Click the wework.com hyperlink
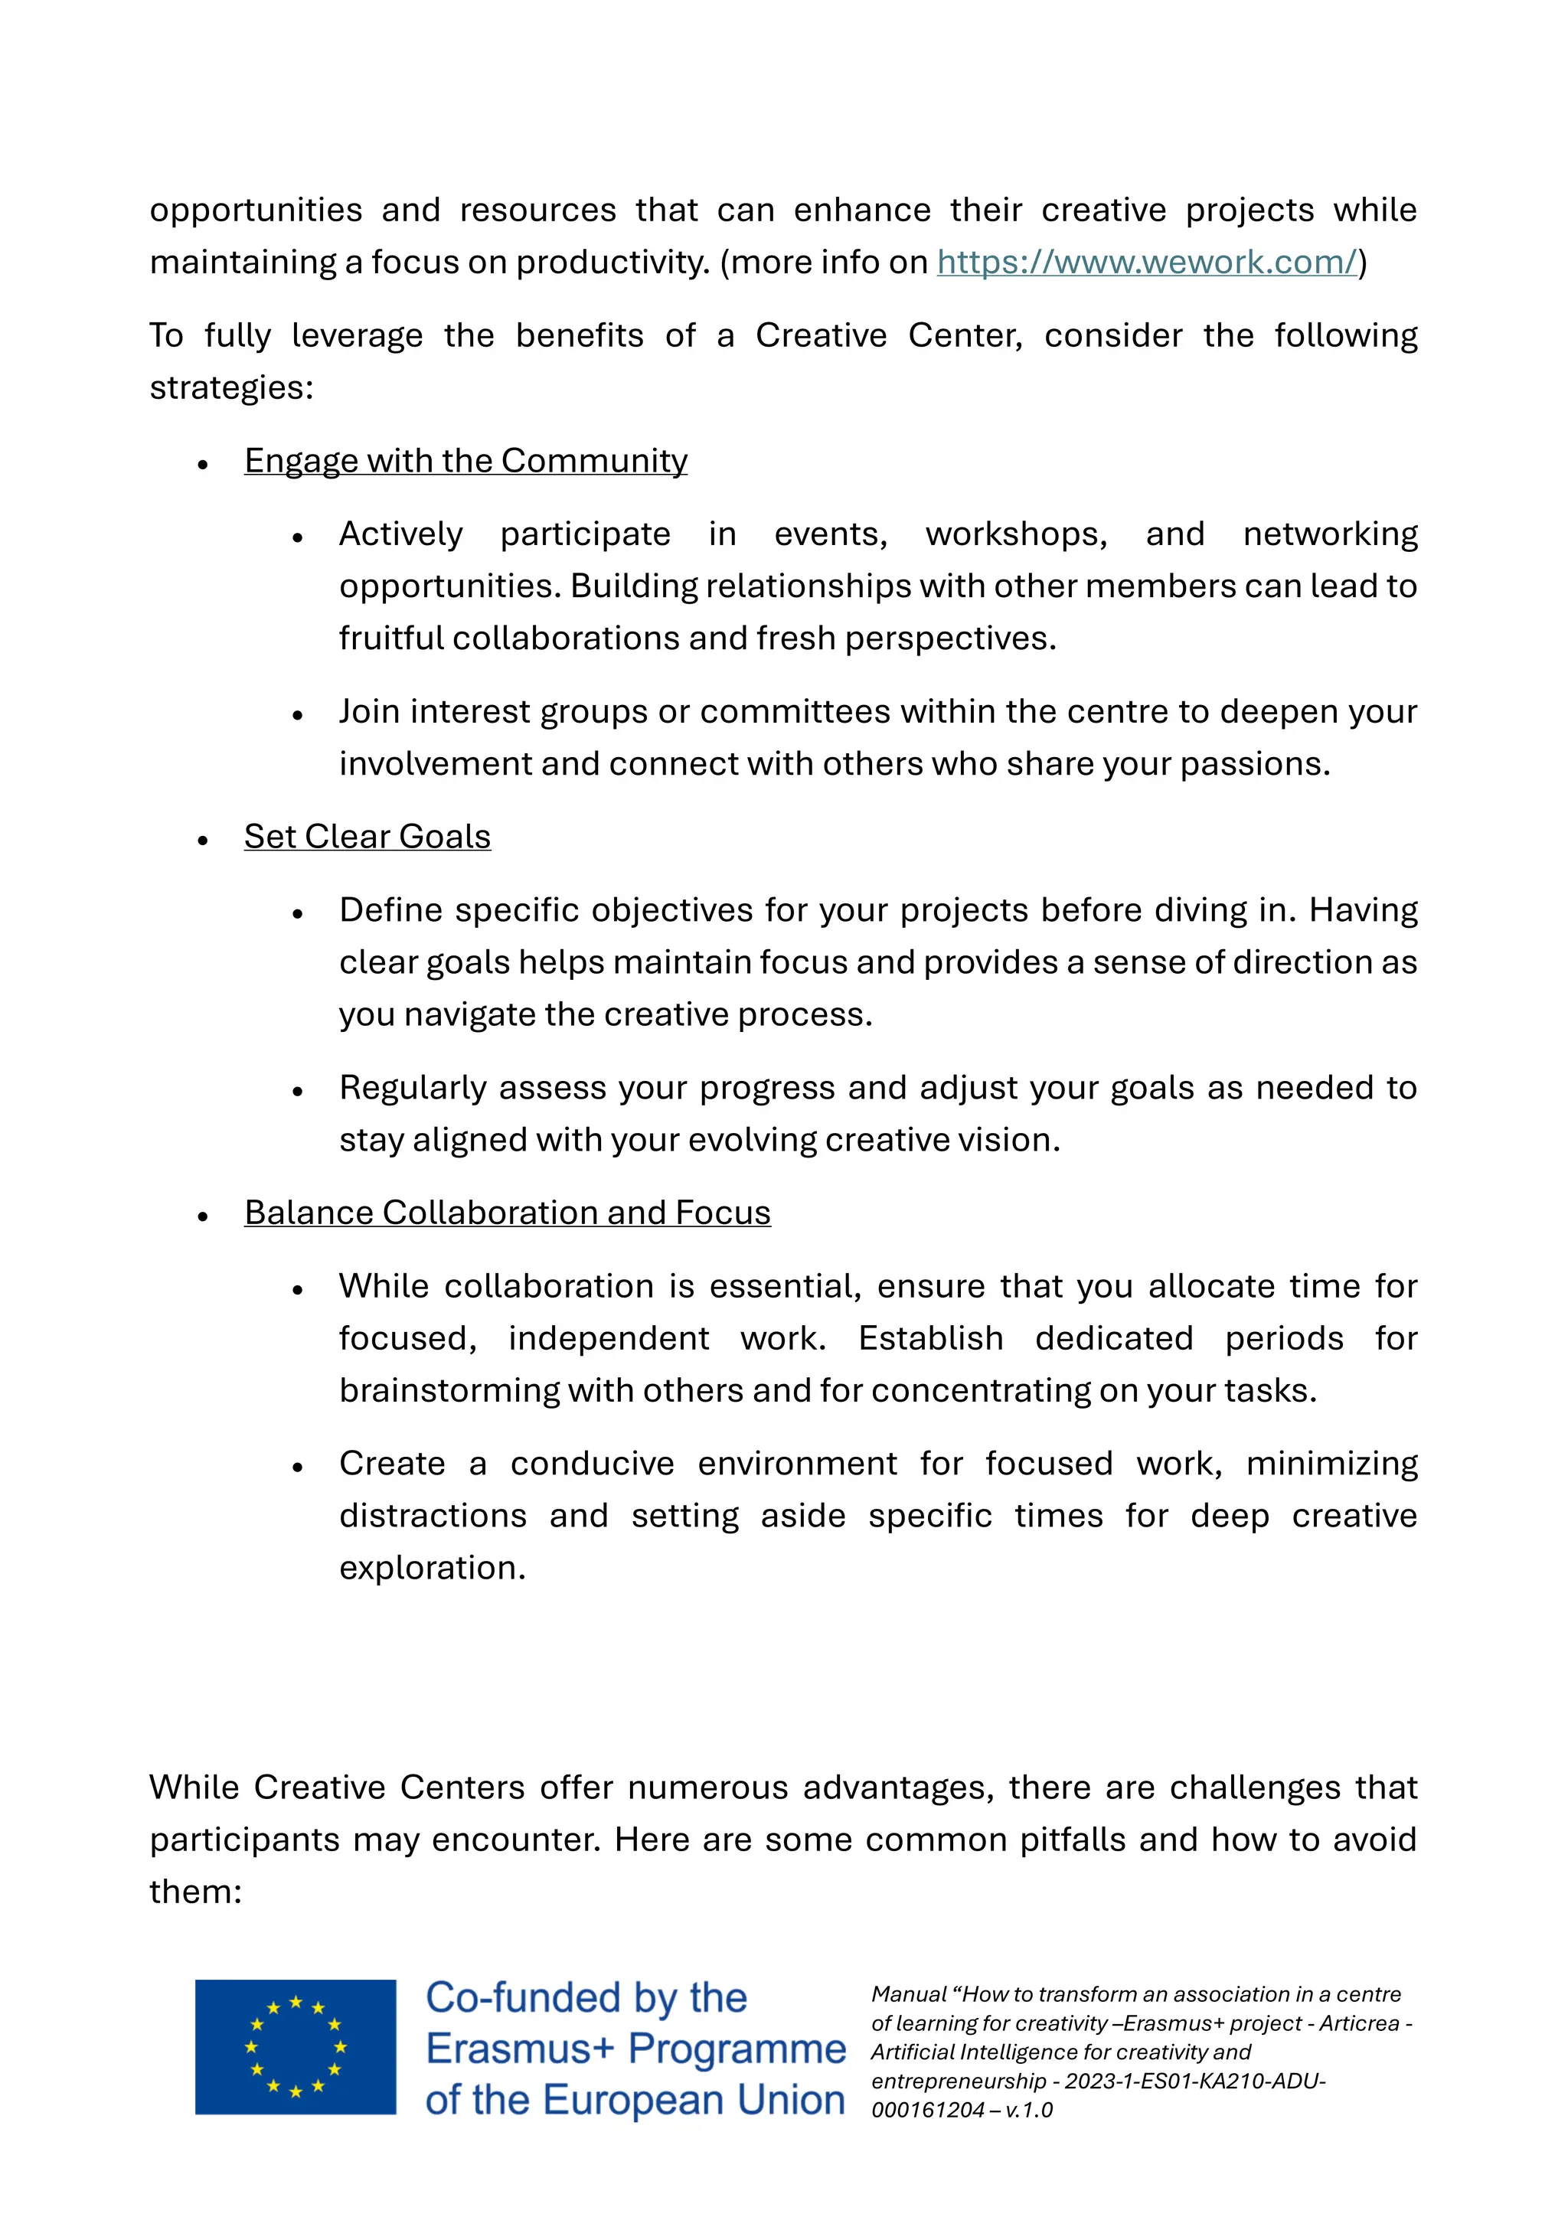point(1146,262)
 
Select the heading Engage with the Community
point(465,461)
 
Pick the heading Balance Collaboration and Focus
point(507,1213)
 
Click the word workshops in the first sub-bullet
point(1016,534)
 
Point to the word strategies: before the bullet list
point(232,387)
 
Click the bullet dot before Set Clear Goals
point(203,840)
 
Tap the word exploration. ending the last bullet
point(432,1567)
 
